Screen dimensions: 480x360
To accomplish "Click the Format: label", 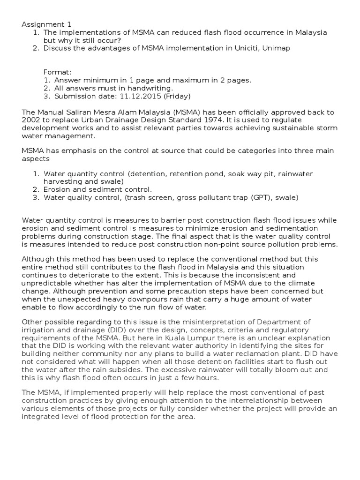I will tap(57, 72).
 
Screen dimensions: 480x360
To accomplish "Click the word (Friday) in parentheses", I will tap(174, 96).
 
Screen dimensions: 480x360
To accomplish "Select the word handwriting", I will tap(150, 88).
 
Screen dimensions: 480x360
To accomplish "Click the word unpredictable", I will tap(50, 283).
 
